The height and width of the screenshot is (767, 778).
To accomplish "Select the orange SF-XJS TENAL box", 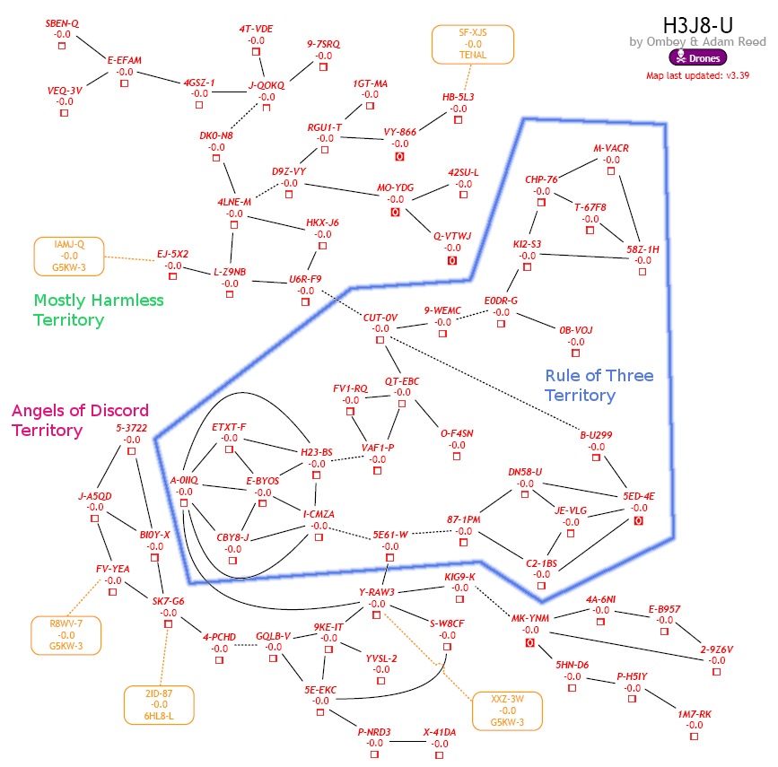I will point(473,44).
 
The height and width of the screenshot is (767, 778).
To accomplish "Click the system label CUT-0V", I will point(380,317).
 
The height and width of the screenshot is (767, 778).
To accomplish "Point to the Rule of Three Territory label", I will point(599,385).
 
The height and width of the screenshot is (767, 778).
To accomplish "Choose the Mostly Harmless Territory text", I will point(99,309).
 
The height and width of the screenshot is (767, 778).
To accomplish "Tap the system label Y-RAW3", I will point(377,591).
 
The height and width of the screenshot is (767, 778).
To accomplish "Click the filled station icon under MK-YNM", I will point(530,642).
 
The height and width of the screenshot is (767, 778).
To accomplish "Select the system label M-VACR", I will point(611,147).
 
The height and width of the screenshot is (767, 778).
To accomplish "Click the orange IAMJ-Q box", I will point(69,255).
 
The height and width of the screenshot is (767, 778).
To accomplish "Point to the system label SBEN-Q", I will point(62,22).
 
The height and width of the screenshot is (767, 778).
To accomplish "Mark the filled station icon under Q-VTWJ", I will point(452,260).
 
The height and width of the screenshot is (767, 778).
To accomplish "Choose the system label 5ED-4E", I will point(638,496).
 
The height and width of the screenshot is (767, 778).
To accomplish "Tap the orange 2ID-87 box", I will point(159,704).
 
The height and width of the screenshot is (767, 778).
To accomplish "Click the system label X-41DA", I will point(440,732).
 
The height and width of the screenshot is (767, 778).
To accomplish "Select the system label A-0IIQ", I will point(184,480).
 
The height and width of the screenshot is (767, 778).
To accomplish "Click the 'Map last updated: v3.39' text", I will point(698,75).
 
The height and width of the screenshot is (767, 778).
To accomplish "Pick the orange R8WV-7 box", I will point(65,633).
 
